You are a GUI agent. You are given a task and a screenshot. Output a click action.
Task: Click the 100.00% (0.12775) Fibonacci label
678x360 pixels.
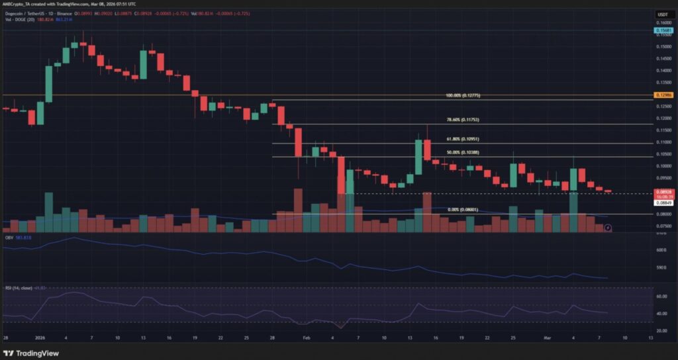pyautogui.click(x=463, y=96)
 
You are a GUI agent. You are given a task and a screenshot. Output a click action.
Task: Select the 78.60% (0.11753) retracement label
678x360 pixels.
pyautogui.click(x=463, y=120)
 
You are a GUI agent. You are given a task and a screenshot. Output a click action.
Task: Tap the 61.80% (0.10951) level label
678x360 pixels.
pyautogui.click(x=463, y=140)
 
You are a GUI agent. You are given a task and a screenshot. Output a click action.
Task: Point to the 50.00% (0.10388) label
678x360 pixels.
pyautogui.click(x=463, y=153)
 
